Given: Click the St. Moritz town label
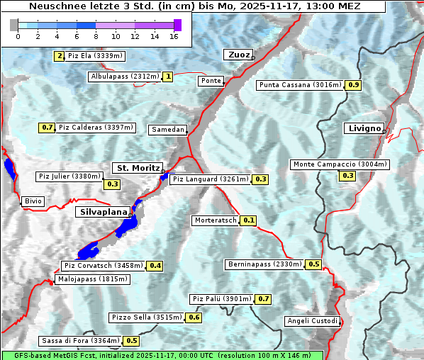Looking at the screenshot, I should [x=137, y=168].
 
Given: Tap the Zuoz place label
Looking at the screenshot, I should [x=238, y=55].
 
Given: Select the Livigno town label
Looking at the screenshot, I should [x=363, y=128].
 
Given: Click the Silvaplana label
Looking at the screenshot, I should [x=103, y=211].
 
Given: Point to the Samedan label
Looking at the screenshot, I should [x=168, y=130].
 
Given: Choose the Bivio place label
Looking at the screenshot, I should [x=33, y=201].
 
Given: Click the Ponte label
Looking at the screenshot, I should [x=211, y=81].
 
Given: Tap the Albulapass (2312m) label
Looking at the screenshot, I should [x=125, y=77].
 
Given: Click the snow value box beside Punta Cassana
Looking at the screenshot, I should [x=354, y=85].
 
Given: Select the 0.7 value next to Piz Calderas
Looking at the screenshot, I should [x=47, y=128].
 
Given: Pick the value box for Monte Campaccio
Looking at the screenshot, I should [x=347, y=175].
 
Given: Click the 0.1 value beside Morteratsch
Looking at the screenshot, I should [x=248, y=220].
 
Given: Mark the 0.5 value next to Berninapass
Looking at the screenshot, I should [x=314, y=264].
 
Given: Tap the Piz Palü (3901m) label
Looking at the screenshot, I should [x=221, y=299].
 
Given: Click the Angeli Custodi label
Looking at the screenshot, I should [x=313, y=321].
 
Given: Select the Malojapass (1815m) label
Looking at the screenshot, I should [x=92, y=279].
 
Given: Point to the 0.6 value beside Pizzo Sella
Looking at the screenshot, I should [x=194, y=317].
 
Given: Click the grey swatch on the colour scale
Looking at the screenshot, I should [x=14, y=25].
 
